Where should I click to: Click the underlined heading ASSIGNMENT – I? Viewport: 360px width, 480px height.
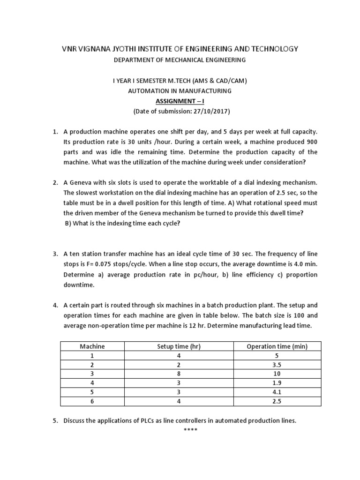coord(180,101)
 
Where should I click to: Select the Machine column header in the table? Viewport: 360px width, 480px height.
coord(92,346)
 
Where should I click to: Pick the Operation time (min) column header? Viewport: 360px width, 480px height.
coord(277,346)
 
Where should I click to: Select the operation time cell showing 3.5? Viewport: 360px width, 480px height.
coord(277,365)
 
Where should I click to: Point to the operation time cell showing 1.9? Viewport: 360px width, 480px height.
coord(277,383)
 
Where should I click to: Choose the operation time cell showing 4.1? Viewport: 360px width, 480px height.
coord(277,392)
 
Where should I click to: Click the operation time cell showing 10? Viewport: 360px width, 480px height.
coord(277,374)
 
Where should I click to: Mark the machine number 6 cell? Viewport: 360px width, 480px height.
coord(92,401)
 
